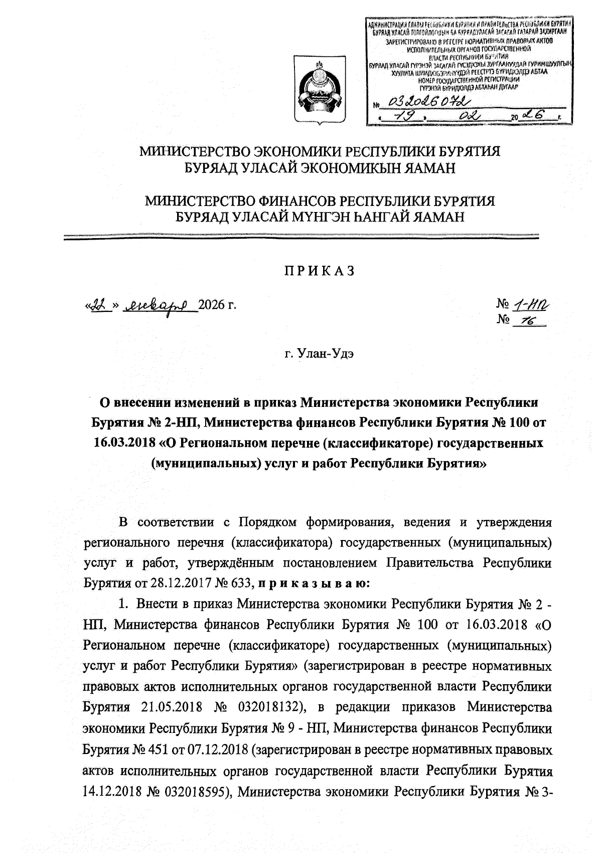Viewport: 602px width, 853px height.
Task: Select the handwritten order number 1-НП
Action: point(530,304)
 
